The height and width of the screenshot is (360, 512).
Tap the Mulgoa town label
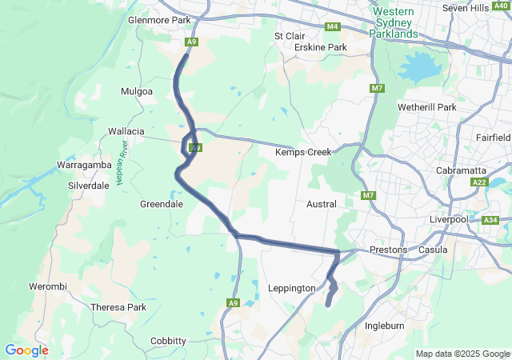point(136,92)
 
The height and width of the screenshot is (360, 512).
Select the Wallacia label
point(126,130)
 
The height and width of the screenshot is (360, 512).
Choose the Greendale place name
point(162,204)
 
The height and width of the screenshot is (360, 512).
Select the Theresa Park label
point(118,307)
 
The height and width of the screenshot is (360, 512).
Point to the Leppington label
point(293,288)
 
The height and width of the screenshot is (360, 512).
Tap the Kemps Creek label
point(304,152)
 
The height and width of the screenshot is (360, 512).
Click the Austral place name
point(322,204)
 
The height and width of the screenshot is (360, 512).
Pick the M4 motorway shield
point(333,26)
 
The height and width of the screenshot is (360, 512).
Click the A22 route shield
point(479,183)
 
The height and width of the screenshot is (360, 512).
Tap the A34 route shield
point(490,220)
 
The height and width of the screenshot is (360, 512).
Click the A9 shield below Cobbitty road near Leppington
point(233,302)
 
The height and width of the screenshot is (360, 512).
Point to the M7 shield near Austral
point(368,196)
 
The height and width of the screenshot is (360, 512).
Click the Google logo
point(26,350)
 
